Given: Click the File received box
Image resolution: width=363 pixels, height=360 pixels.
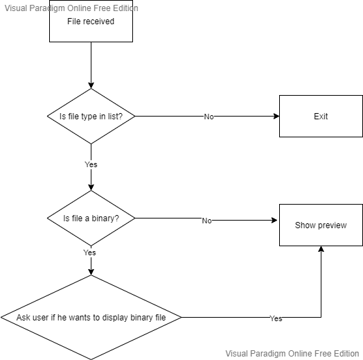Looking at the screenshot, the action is point(91,21).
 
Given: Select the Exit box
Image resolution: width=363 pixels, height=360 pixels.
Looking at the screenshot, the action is point(321,116).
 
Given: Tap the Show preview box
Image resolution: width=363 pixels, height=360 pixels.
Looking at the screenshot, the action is point(321,225).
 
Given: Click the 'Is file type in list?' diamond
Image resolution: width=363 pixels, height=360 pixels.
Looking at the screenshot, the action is point(91,116).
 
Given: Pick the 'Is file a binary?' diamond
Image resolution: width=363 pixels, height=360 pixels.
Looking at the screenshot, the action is point(91,218).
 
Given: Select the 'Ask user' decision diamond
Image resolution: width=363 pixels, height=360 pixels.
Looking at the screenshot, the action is point(91,318).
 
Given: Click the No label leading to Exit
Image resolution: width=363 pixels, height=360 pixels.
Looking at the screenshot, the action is point(209,117).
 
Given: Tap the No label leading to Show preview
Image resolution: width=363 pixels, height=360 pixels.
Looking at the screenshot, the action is point(206,221).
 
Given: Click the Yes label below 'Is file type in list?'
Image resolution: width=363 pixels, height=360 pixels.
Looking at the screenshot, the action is point(91,164).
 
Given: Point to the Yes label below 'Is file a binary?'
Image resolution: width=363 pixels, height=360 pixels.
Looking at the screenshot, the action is point(89,252).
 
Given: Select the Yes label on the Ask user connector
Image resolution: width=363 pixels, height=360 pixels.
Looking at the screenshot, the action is point(276,318).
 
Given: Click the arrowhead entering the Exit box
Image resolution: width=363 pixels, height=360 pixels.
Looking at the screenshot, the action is point(276,116).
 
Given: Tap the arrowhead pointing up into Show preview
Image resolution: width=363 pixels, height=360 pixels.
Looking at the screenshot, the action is point(321,249).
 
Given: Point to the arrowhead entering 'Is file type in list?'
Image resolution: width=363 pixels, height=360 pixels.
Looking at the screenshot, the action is point(91,85).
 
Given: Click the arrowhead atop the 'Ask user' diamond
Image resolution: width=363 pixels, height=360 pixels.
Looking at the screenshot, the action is point(91,272).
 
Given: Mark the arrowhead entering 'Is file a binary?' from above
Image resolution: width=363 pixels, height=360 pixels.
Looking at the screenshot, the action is point(91,187).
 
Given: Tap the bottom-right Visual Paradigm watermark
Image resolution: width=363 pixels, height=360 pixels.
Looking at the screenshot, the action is point(292,354).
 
